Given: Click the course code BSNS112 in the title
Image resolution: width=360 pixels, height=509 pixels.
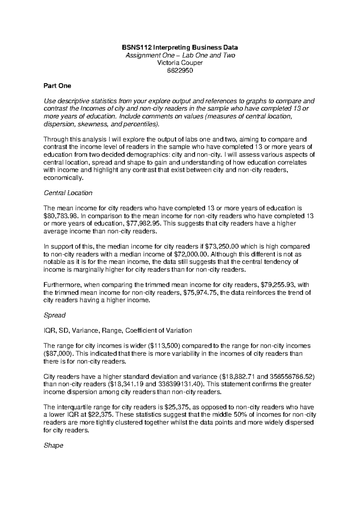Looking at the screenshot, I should (134, 47).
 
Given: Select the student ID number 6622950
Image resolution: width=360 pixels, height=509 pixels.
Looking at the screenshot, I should (180, 71).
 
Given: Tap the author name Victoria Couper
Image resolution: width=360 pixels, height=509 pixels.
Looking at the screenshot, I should (180, 63).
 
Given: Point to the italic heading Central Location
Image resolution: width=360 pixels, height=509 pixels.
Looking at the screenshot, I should (68, 193).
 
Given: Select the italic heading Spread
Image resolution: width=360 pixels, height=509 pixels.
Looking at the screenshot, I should (55, 315).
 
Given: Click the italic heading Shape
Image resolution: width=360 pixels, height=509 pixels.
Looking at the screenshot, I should (53, 445).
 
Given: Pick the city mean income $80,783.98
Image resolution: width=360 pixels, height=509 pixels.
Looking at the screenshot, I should (61, 216).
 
